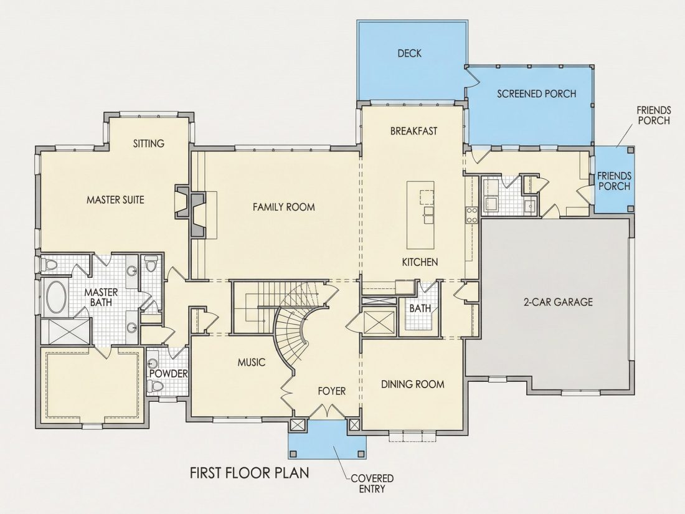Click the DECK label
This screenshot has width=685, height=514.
coord(409,54)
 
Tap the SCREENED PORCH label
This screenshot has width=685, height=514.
coord(536,93)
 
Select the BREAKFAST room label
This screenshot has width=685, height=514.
coord(413,131)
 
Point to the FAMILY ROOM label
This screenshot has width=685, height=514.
coord(283,207)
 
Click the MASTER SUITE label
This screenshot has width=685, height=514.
coord(115,200)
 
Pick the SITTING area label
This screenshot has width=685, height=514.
coord(149,143)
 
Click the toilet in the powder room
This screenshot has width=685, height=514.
coord(154,386)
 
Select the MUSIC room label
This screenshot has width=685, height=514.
coord(251,363)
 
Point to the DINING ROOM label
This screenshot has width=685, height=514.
coord(413,384)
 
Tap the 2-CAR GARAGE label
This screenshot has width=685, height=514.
coord(559,302)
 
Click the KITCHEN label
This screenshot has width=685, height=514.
coord(420,262)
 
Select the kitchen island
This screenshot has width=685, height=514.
coord(421,214)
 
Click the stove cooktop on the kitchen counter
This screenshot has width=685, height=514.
coord(472,215)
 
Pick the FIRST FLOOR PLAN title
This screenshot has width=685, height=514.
coord(250,473)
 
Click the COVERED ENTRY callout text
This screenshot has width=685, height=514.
coord(372,483)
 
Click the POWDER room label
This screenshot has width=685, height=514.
coord(168,374)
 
